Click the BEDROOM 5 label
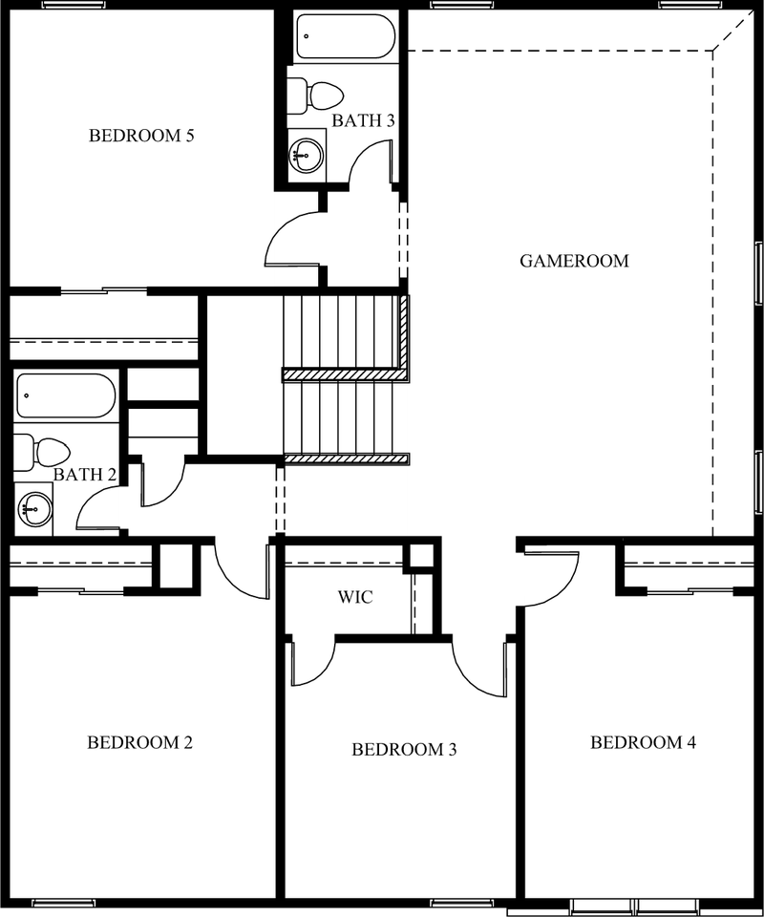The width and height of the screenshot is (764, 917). pos(141,136)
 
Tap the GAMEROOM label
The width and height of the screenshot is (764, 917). pos(574,261)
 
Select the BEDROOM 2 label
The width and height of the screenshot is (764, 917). pos(139,743)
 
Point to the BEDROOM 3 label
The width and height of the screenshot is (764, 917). pos(404,750)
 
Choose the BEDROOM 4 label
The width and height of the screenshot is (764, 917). pos(643,743)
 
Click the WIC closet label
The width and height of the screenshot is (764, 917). pos(355,597)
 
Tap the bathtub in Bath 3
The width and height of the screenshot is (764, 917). pos(346,35)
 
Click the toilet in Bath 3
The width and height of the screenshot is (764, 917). pos(316,96)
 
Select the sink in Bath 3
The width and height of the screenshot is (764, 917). pos(307,156)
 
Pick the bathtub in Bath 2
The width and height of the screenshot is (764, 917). pos(66,395)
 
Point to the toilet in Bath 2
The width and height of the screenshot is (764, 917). pos(42,452)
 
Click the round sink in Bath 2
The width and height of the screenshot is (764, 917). pos(34,509)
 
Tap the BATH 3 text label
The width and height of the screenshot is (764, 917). pos(363,120)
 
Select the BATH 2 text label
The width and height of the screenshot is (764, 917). pos(85,475)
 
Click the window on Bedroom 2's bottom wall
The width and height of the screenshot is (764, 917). pos(63,903)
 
